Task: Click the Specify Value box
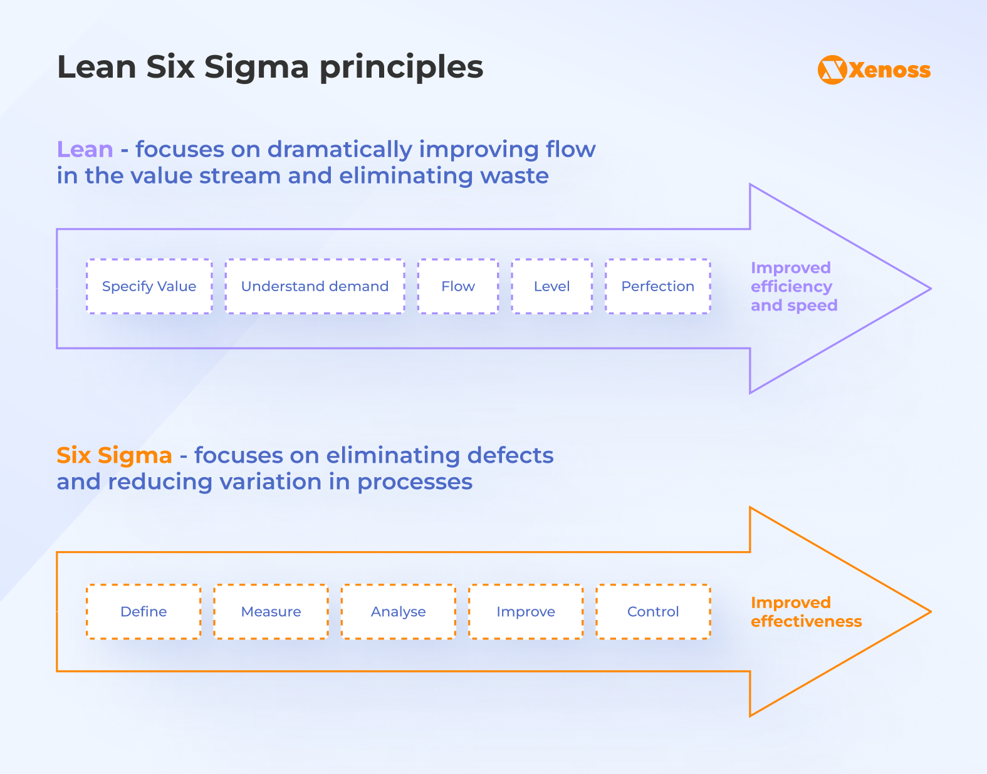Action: (x=149, y=286)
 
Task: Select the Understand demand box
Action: (x=315, y=286)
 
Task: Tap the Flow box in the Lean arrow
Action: (x=458, y=286)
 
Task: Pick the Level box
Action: (x=551, y=286)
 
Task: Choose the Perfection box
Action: (x=657, y=286)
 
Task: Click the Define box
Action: (x=144, y=612)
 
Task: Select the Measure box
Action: (x=271, y=612)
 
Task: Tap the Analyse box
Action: (x=398, y=612)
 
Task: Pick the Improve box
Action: (x=526, y=612)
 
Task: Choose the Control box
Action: (x=653, y=612)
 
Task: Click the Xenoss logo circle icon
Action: (x=832, y=70)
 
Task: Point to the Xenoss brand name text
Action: (x=890, y=70)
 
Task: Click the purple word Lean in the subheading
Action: (x=85, y=150)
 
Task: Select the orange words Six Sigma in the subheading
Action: (x=114, y=455)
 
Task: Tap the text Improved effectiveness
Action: (x=806, y=612)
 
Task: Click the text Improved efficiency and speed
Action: (x=793, y=286)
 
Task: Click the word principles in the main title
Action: (x=401, y=67)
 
